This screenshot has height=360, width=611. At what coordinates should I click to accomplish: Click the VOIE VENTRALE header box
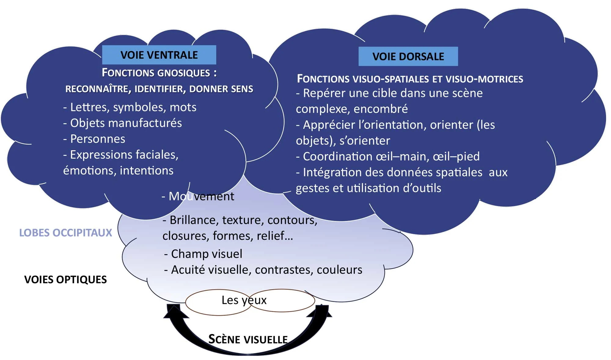tap(159, 55)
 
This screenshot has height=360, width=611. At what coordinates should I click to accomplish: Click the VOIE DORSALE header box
tap(408, 56)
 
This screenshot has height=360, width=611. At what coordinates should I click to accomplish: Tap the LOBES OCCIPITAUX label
tap(66, 233)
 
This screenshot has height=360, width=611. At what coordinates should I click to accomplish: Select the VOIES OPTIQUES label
tap(65, 279)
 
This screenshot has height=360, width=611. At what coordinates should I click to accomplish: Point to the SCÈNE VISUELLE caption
tap(248, 339)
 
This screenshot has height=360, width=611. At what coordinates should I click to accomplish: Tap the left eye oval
tap(208, 302)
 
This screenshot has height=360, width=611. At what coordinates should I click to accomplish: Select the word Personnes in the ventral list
tap(98, 139)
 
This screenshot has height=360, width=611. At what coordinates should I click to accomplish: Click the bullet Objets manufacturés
tap(123, 123)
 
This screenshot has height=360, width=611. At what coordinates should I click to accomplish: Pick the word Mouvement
tap(202, 196)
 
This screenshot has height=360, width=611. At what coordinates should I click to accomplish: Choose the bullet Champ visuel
tap(203, 254)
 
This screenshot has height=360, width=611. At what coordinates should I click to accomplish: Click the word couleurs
tap(339, 270)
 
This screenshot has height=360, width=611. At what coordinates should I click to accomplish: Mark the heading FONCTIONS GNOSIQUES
tap(159, 73)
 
